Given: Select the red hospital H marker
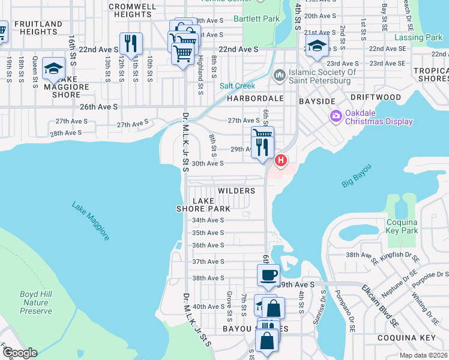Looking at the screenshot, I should (280, 161).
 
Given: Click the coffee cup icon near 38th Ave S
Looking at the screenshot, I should (268, 275).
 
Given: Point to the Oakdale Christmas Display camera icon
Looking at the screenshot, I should (335, 115).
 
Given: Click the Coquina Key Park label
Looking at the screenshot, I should (402, 226).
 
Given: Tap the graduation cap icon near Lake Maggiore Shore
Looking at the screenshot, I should (53, 68).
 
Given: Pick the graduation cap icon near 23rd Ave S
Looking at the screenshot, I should (316, 46).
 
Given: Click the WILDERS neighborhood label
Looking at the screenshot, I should (237, 191).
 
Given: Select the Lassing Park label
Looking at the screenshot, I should (418, 37).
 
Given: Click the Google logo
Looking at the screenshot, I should (20, 353).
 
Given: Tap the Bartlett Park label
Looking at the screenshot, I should (256, 19).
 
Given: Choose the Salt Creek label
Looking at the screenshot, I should (237, 86).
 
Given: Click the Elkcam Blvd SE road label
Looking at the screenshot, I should (380, 306).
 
